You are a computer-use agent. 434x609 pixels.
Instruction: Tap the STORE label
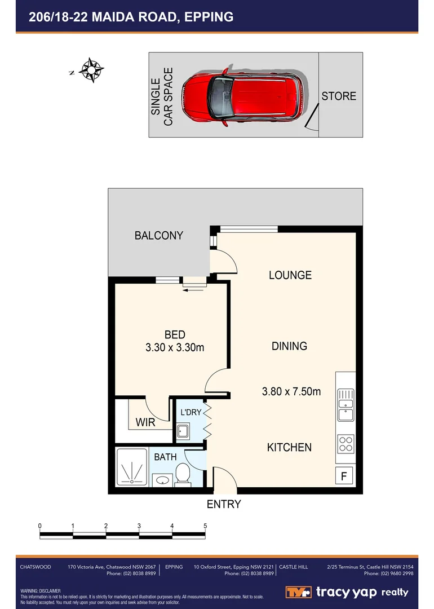click(339, 96)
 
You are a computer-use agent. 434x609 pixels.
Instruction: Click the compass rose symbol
click(91, 70)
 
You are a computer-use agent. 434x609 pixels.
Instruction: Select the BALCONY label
click(159, 236)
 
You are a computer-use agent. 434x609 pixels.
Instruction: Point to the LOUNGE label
click(290, 275)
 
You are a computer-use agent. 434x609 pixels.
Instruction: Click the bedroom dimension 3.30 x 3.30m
click(175, 348)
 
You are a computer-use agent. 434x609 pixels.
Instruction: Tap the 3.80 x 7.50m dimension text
click(291, 391)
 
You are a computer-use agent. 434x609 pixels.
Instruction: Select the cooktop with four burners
click(346, 444)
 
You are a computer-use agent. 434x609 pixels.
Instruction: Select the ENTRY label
click(224, 504)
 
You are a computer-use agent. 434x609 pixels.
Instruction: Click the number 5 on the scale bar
click(205, 526)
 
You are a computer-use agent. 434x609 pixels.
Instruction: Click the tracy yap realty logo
click(347, 592)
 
